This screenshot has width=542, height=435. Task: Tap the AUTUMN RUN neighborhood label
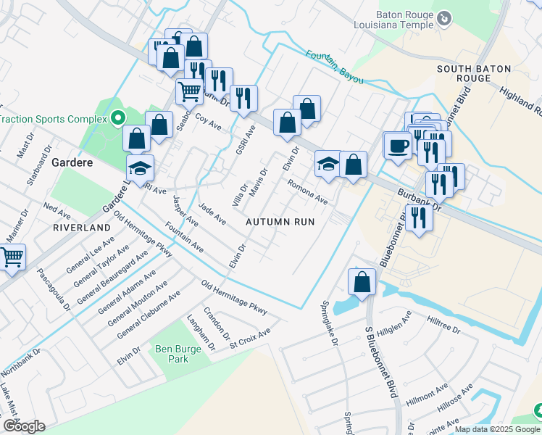click(x=280, y=222)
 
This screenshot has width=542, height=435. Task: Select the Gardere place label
click(x=72, y=162)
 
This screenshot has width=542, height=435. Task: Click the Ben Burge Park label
click(x=178, y=354)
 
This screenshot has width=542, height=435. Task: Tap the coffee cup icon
click(x=396, y=146)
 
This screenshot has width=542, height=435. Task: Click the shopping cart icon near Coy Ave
click(x=189, y=91)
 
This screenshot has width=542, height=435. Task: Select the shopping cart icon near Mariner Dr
click(x=12, y=257)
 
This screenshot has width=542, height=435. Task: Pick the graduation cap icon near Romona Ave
click(x=328, y=164)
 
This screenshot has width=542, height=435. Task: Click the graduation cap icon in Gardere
click(x=140, y=169)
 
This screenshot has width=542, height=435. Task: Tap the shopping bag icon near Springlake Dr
click(x=362, y=282)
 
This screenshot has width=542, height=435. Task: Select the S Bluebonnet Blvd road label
click(x=381, y=372)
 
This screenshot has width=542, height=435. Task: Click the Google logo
click(x=24, y=426)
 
